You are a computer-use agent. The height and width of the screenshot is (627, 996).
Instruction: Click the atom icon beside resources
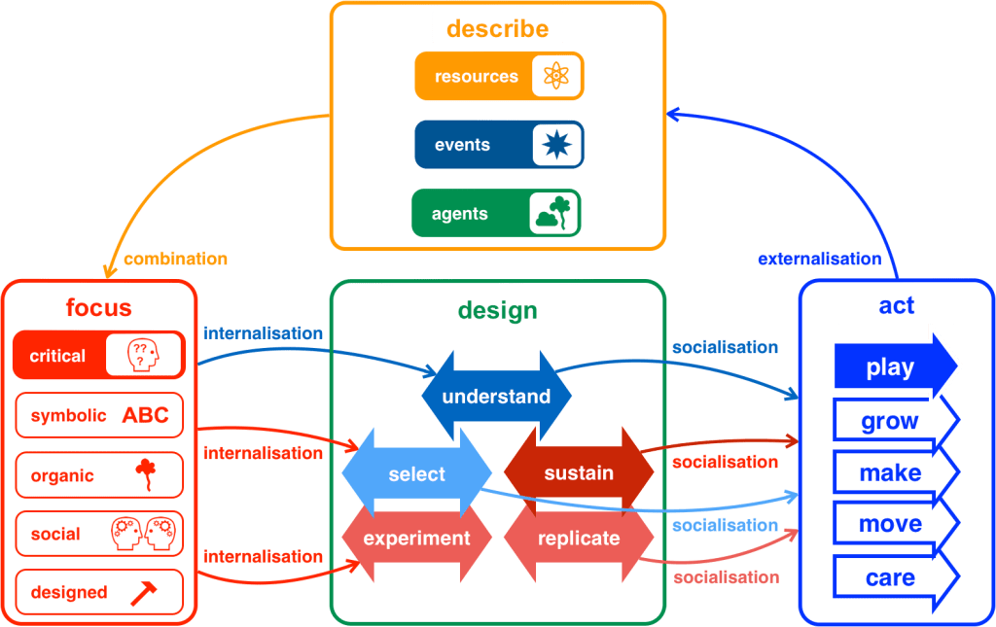(x=556, y=76)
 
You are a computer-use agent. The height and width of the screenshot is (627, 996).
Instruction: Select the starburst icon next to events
(x=556, y=145)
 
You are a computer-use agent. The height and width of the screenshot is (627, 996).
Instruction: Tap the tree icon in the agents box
(x=553, y=213)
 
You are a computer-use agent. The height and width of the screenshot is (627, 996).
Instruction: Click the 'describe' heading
(x=497, y=28)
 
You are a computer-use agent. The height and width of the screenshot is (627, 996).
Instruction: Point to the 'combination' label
(x=175, y=260)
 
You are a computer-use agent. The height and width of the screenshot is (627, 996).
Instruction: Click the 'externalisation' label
(x=819, y=260)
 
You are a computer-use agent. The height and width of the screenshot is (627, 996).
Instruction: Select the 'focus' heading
(x=98, y=308)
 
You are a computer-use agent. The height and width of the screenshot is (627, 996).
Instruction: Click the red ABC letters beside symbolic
(x=145, y=416)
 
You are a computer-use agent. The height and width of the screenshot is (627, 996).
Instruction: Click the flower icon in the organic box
(x=146, y=475)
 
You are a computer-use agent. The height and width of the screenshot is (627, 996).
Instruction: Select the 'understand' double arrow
(x=496, y=397)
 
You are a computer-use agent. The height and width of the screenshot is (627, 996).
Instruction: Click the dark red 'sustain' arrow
(x=579, y=473)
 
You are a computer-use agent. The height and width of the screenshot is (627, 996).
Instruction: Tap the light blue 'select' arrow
(x=416, y=474)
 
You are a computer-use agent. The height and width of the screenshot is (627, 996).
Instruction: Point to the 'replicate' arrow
(x=579, y=539)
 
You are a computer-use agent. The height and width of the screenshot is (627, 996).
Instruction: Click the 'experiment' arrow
(x=416, y=539)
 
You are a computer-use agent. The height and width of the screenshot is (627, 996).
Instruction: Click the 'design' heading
(x=497, y=310)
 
